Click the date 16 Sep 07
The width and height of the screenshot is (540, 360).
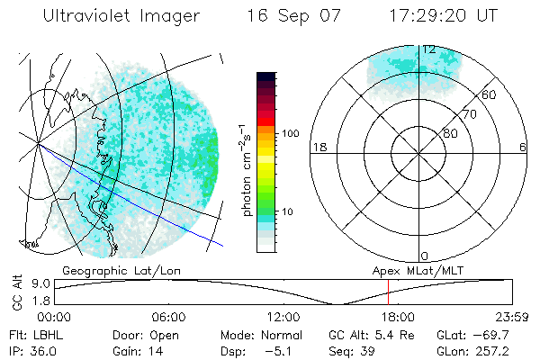(283, 16)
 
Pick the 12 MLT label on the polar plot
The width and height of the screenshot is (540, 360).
(428, 49)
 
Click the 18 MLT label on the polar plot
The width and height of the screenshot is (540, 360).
(318, 147)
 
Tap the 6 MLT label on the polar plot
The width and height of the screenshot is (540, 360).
(524, 147)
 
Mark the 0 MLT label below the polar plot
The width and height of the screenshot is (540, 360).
(425, 256)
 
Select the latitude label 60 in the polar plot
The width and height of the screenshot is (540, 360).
(490, 94)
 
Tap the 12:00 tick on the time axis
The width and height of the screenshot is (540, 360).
(283, 317)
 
